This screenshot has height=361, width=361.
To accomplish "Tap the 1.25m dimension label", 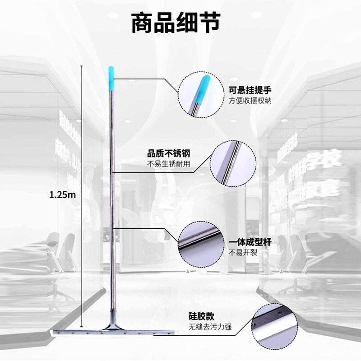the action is (x=62, y=194).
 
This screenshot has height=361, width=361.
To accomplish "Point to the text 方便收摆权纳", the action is (x=250, y=101).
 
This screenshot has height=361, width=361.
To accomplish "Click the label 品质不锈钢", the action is (x=169, y=153).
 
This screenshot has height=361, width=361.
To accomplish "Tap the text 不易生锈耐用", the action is (x=169, y=163).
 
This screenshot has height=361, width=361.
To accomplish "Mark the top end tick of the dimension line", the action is (x=82, y=66).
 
